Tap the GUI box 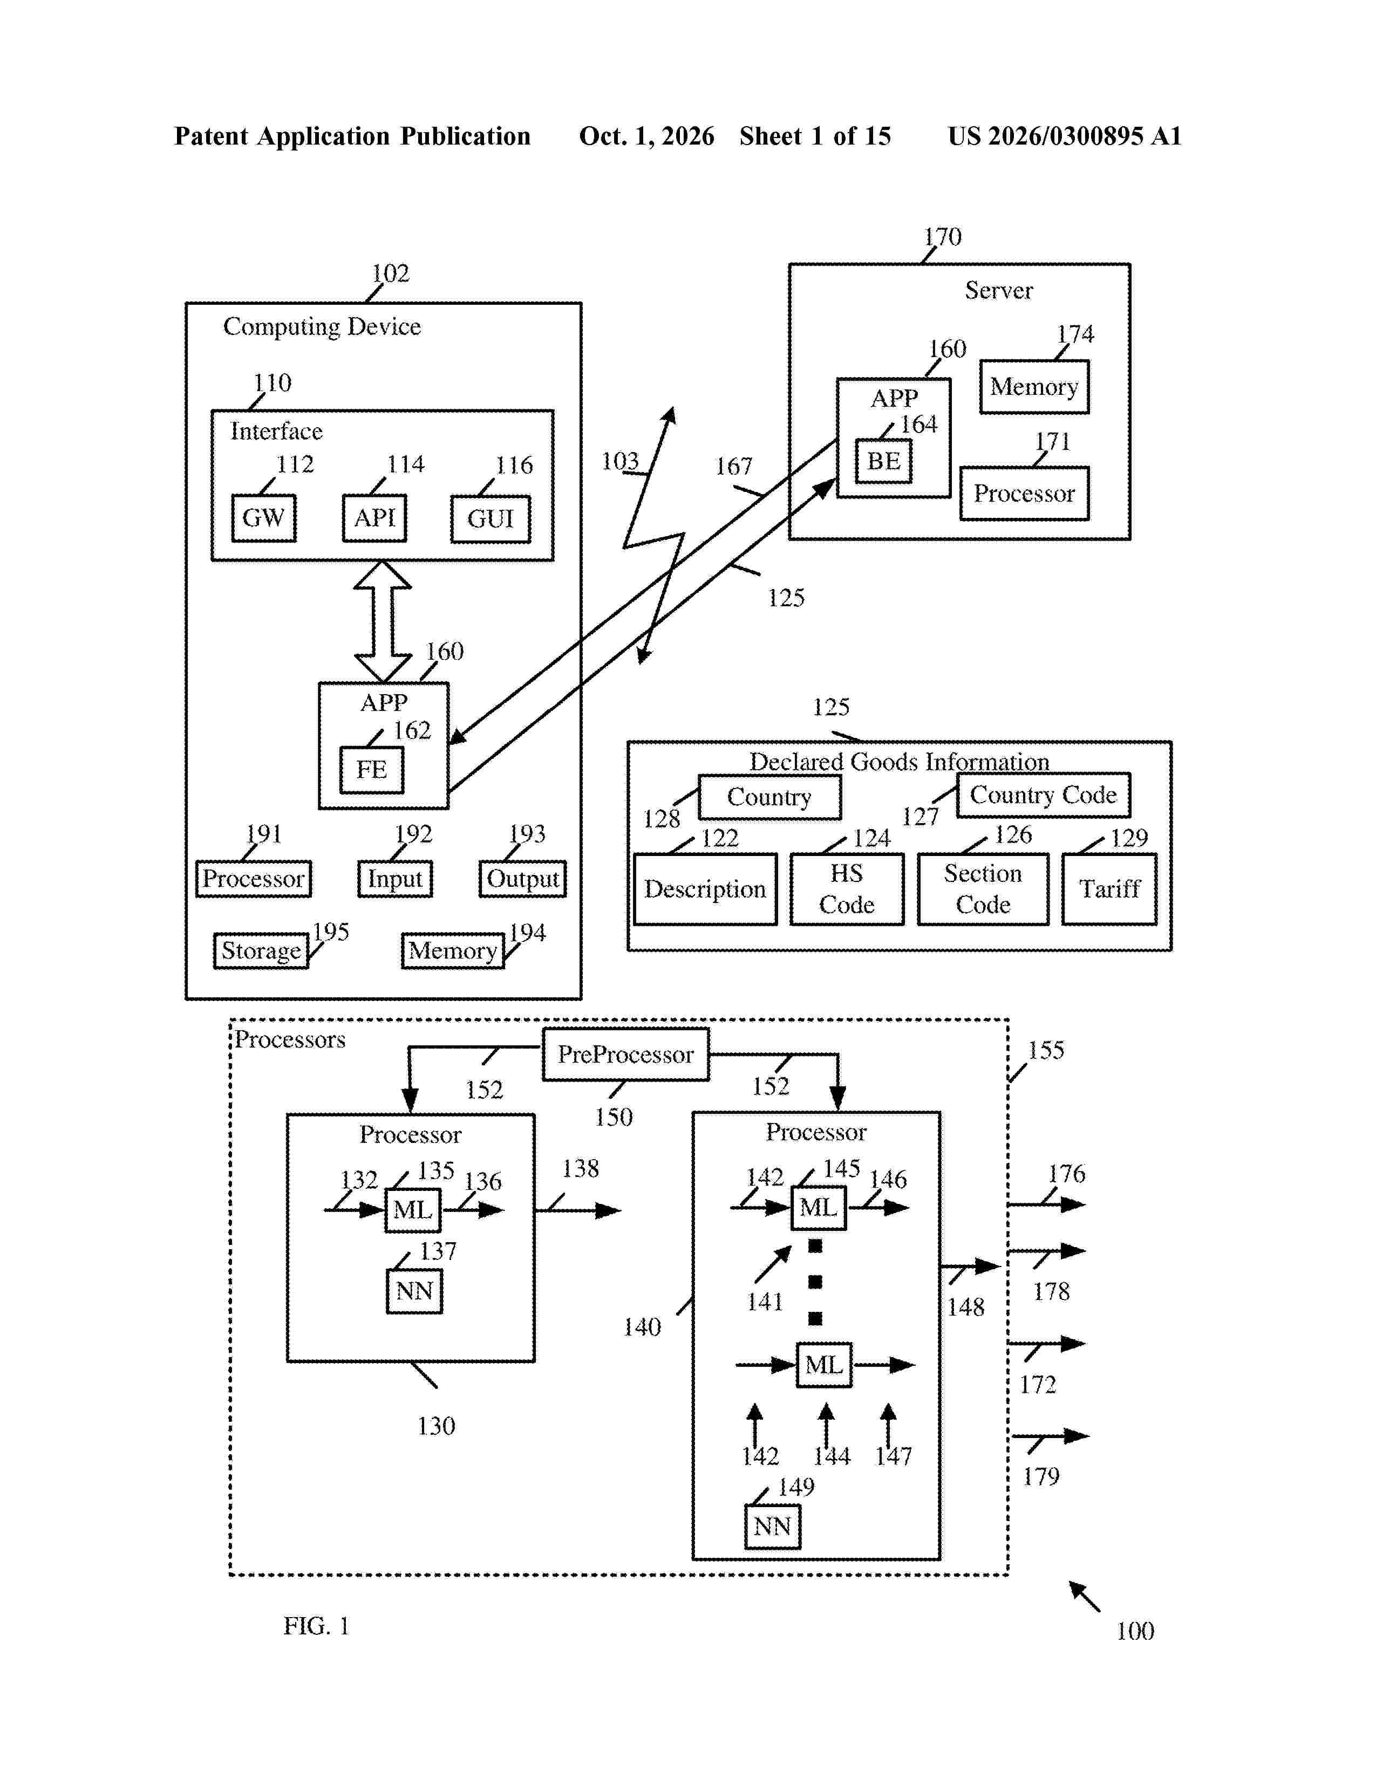(491, 518)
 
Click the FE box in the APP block (372, 769)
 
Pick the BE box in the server (884, 461)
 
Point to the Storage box (261, 950)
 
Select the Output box (522, 879)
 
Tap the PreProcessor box (626, 1055)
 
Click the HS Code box (847, 889)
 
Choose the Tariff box (1109, 889)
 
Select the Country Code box (1044, 795)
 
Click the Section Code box (983, 889)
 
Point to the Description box (705, 889)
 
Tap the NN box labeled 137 (414, 1291)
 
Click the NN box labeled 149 (773, 1526)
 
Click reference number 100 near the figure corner (1135, 1631)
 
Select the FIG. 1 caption (316, 1626)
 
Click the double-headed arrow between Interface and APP (383, 621)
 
